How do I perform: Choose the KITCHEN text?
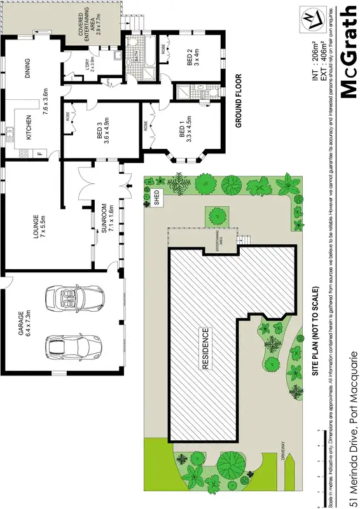click(x=29, y=130)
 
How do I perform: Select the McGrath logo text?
click(x=348, y=51)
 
